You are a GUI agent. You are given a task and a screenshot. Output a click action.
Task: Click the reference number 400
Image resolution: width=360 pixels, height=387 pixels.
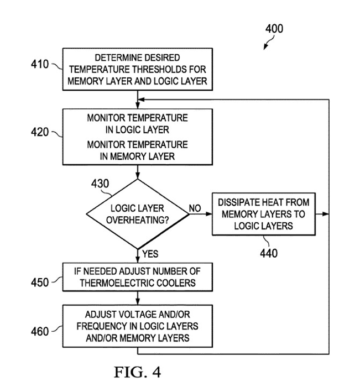pyautogui.click(x=274, y=30)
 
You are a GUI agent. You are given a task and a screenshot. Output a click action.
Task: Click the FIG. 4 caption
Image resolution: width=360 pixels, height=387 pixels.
pyautogui.click(x=137, y=372)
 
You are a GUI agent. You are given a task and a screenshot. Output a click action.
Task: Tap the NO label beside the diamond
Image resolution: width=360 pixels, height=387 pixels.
pyautogui.click(x=195, y=208)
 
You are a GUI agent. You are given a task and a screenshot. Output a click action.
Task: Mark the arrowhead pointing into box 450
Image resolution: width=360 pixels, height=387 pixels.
pyautogui.click(x=137, y=260)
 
